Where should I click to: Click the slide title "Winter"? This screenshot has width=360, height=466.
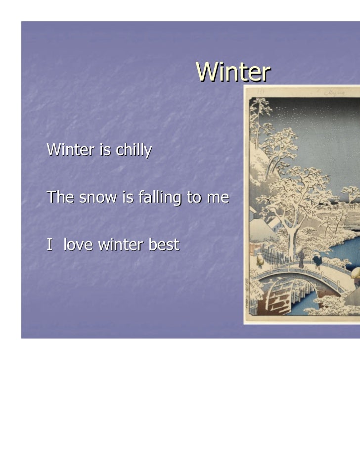pyautogui.click(x=233, y=72)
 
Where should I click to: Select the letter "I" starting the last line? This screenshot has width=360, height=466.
pyautogui.click(x=49, y=244)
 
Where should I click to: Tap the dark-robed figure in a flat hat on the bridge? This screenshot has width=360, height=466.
pyautogui.click(x=301, y=257)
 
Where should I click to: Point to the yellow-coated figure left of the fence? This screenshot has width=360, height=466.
pyautogui.click(x=260, y=260)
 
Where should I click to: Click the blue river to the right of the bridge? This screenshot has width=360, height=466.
pyautogui.click(x=346, y=257)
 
